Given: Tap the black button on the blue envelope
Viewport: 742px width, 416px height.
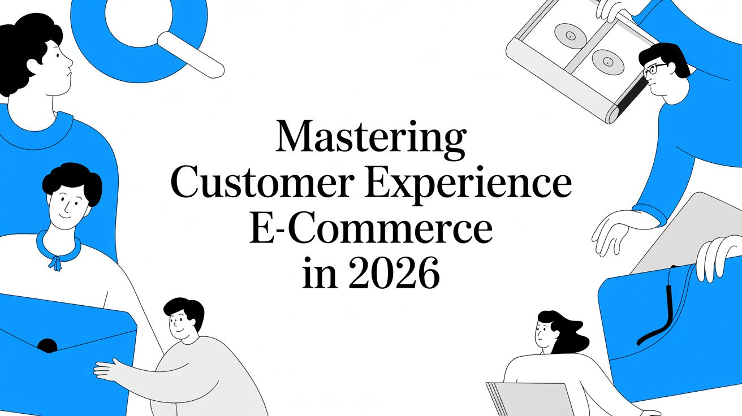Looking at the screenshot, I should coord(47,345).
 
